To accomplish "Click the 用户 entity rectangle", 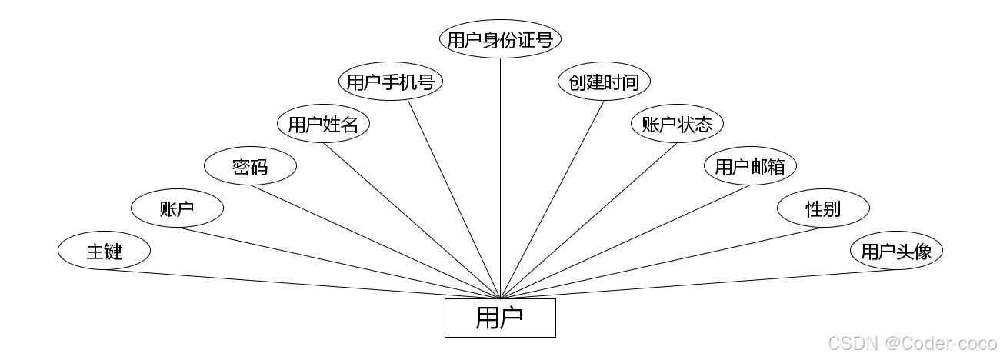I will click(x=500, y=318).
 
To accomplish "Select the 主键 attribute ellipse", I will click(x=104, y=251).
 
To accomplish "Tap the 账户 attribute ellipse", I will click(x=177, y=208).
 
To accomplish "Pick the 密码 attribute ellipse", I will click(x=250, y=166).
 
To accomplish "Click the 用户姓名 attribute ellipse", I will click(x=323, y=124).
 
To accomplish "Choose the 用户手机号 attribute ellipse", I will click(x=391, y=82).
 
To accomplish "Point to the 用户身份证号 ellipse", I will click(x=500, y=39).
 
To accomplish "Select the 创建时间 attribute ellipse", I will click(x=604, y=82).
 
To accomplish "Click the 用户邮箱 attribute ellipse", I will click(x=750, y=166).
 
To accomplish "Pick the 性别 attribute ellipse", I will click(x=823, y=208).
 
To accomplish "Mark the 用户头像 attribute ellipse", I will click(x=896, y=251).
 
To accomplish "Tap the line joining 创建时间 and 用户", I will click(x=552, y=199).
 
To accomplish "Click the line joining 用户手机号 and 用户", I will click(x=454, y=199).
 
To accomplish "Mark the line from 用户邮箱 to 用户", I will click(x=625, y=242).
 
